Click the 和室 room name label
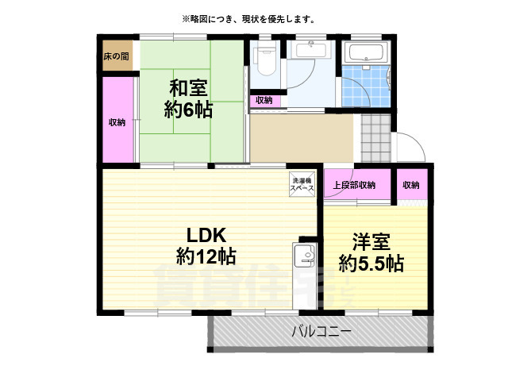[189, 88]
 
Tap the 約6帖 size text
[189, 110]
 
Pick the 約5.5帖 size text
[371, 263]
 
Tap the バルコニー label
[321, 331]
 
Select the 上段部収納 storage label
[353, 185]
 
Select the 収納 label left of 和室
[117, 122]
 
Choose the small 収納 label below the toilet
[264, 100]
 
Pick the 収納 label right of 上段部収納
[410, 185]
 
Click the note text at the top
[248, 18]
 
